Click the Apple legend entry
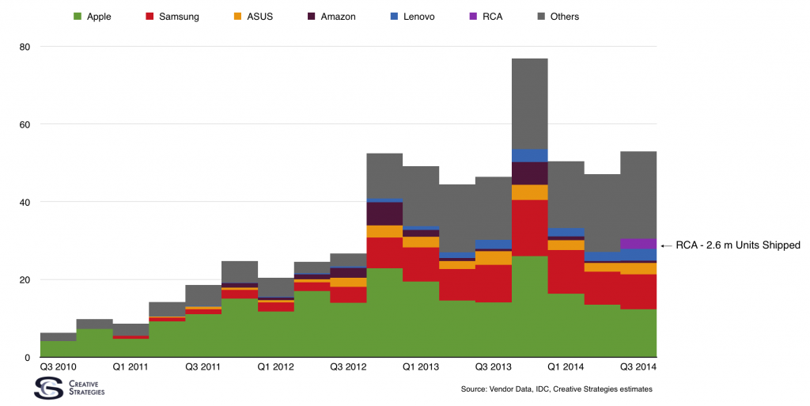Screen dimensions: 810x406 92,17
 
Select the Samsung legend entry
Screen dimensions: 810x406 172,17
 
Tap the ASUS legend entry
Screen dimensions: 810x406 253,17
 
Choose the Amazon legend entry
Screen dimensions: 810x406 331,17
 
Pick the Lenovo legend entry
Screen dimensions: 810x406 412,17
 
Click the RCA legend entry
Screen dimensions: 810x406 486,17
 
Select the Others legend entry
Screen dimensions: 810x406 558,17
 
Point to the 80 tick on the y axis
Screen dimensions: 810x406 25,47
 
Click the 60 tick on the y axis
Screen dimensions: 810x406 25,124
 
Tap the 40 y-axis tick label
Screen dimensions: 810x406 25,202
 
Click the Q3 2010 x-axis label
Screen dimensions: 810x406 58,366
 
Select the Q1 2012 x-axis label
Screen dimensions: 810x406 275,366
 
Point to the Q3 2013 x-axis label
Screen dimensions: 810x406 494,366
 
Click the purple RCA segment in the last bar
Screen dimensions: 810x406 638,244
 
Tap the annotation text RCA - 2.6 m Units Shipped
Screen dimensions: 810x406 738,245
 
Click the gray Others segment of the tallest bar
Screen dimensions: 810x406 529,104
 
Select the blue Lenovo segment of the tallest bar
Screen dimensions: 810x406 529,155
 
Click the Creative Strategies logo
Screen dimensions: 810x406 70,388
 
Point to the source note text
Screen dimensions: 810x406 556,389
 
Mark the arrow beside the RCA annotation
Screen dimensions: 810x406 666,245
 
